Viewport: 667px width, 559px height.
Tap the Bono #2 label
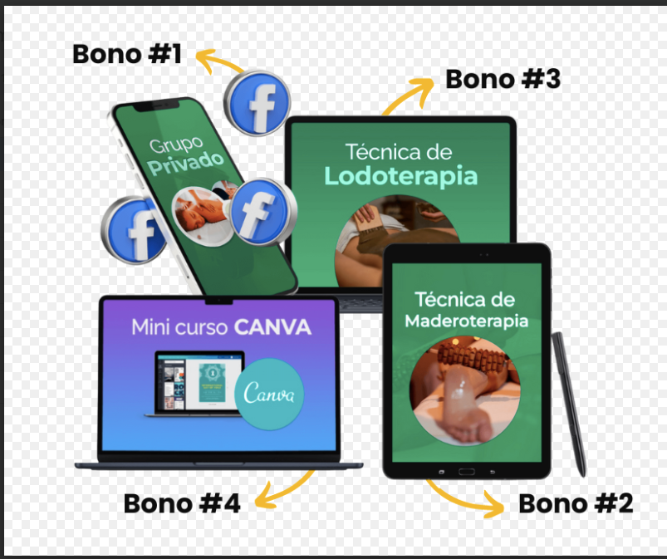coord(575,503)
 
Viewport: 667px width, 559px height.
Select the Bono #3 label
coord(503,79)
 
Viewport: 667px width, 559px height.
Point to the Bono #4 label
coord(182,503)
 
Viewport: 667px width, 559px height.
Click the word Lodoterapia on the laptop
coord(400,176)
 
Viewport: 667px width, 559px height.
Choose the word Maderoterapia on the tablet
coord(466,320)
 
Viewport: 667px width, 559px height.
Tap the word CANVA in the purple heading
coord(272,326)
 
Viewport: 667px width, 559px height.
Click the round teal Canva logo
coord(269,393)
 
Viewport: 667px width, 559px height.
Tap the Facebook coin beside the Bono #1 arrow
coord(259,103)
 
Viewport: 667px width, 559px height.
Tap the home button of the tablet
coord(466,471)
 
